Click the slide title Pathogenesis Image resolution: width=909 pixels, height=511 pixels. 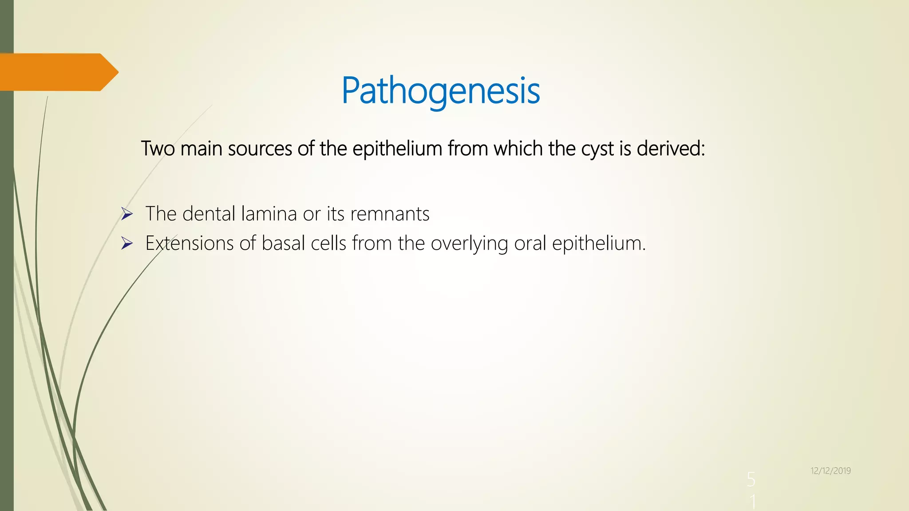coord(440,90)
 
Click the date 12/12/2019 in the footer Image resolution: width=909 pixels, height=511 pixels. coord(830,471)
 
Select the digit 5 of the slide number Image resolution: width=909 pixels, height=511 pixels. coord(751,480)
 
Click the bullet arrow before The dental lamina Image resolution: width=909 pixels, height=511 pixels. coord(127,215)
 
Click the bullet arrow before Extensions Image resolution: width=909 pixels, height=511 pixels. coord(127,244)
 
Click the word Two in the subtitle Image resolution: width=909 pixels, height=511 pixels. coord(158,149)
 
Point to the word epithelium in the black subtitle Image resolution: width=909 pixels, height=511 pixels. coord(397,149)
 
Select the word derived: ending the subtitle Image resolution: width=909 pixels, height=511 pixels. coord(671,149)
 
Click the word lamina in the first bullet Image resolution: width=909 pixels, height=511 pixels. coord(269,214)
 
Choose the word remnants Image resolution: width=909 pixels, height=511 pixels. coord(390,214)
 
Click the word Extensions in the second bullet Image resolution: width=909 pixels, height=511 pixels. coord(190,243)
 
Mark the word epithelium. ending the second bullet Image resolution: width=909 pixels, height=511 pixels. coord(599,243)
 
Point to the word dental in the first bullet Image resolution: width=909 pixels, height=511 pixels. coord(209,214)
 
